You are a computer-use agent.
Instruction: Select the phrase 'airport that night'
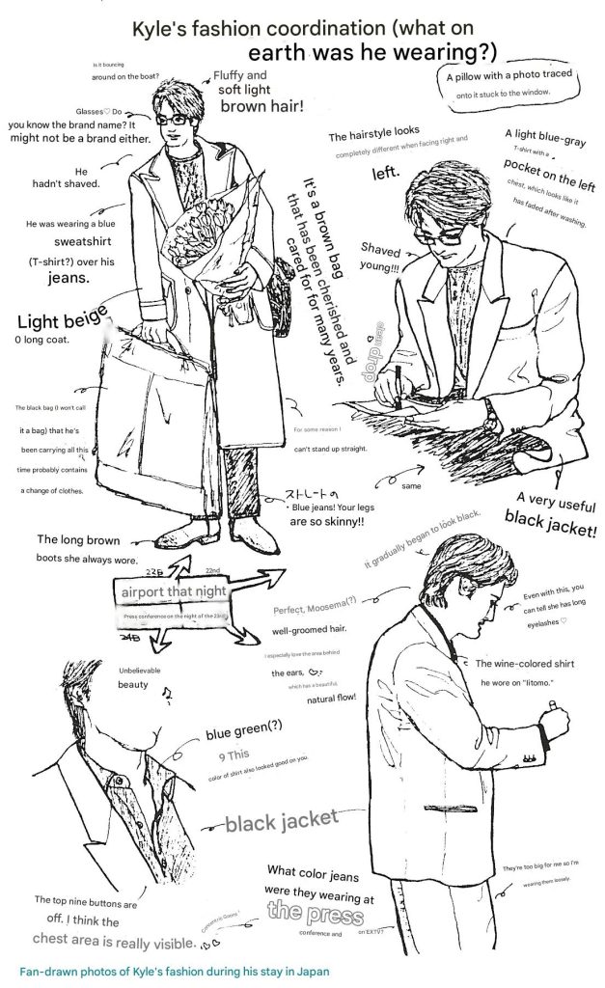[174, 590]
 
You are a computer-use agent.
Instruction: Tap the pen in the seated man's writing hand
[397, 396]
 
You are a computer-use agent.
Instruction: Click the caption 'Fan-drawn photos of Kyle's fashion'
[174, 972]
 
